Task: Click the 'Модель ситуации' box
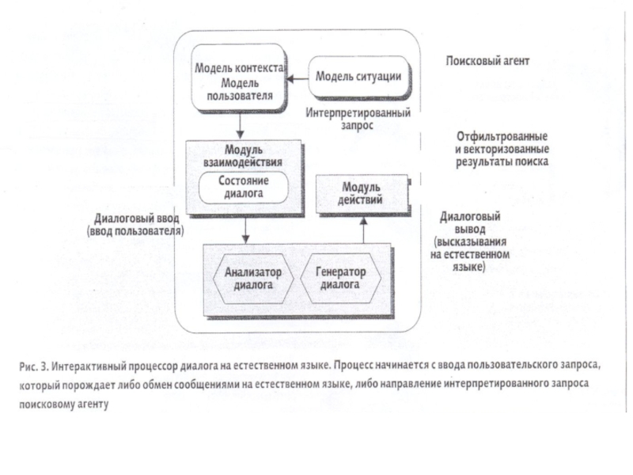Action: tap(359, 77)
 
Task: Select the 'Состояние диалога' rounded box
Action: tap(244, 187)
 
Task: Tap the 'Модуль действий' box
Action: tap(362, 194)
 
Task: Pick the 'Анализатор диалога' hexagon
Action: tap(253, 279)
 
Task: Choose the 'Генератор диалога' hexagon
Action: tap(340, 279)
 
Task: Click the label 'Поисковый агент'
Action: tap(487, 61)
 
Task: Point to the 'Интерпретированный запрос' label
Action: tap(358, 119)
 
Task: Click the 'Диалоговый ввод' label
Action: tap(136, 218)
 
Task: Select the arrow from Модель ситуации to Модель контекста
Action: tap(298, 78)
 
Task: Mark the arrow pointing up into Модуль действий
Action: tap(363, 230)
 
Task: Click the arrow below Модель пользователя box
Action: tap(241, 125)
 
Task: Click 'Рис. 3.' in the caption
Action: tap(34, 366)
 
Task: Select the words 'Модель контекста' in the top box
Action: tap(240, 68)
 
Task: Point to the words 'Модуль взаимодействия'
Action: tap(243, 156)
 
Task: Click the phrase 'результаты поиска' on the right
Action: tap(502, 161)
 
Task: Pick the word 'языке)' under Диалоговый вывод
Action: tap(468, 268)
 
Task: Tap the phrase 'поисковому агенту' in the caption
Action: tap(64, 404)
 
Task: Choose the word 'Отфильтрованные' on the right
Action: tap(502, 136)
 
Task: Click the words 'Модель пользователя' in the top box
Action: tap(240, 89)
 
